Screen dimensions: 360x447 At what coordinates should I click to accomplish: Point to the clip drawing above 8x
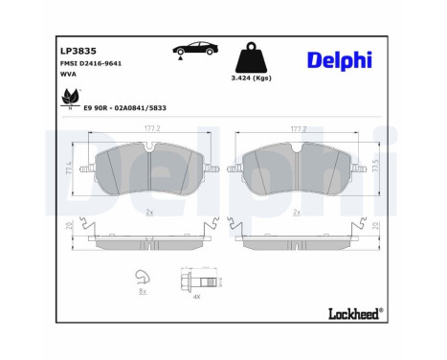pos(143,278)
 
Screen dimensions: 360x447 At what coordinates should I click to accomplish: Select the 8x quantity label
pos(143,293)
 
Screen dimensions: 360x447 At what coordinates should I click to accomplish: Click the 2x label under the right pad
pos(297,212)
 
